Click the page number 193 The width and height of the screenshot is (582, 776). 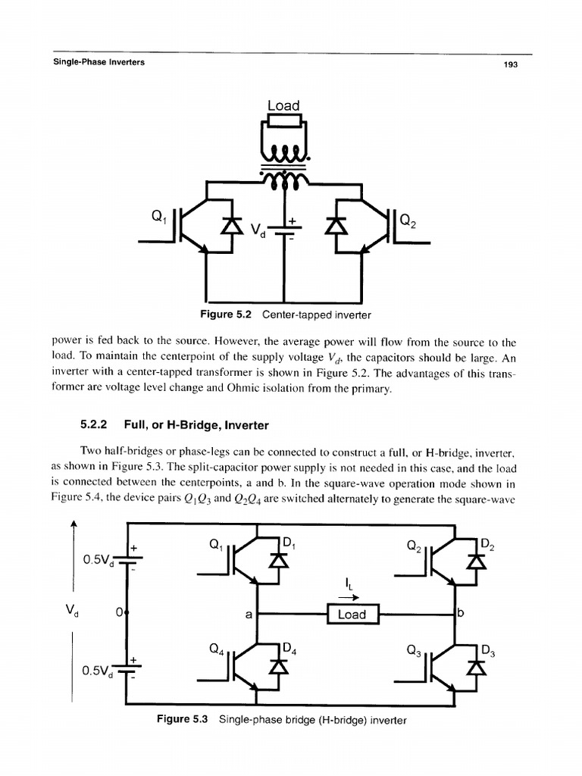pos(510,65)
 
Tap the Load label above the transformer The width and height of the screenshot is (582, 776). pos(283,105)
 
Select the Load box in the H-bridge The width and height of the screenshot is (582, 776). pos(352,614)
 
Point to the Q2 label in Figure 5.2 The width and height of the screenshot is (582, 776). pos(408,221)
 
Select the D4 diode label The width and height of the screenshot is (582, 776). pos(289,649)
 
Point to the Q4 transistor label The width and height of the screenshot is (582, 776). pos(216,649)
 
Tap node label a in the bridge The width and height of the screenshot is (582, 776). pos(248,615)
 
